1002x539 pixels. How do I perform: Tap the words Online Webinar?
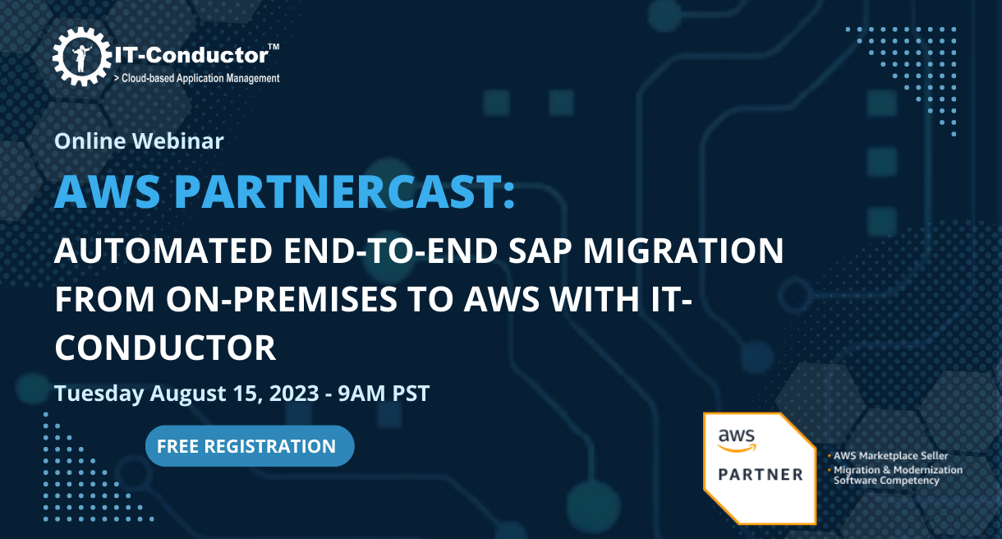coord(139,141)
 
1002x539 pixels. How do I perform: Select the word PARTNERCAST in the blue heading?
coord(346,191)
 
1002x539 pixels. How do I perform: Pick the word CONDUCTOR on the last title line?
coord(165,348)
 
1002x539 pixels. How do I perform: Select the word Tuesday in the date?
coord(99,394)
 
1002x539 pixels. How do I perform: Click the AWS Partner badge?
coord(759,467)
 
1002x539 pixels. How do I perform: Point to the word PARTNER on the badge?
coord(760,475)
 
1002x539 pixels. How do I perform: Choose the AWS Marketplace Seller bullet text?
coord(890,455)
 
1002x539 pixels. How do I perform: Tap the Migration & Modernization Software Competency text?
coord(897,475)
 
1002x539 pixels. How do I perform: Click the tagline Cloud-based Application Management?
coord(200,78)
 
